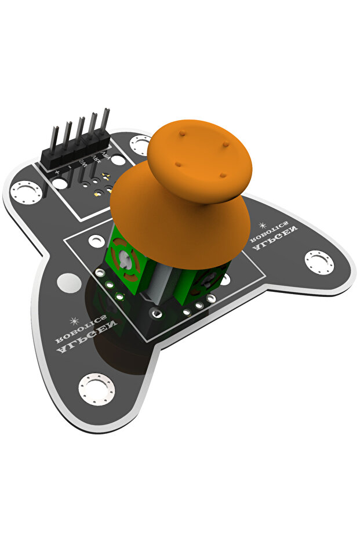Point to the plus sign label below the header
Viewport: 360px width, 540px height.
coord(57,173)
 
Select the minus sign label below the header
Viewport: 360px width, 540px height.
coord(69,168)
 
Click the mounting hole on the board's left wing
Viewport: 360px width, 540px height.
coord(25,191)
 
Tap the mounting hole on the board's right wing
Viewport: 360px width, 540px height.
coord(319,262)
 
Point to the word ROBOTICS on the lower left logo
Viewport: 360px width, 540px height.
coord(81,328)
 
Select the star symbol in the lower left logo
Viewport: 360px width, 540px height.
coord(74,320)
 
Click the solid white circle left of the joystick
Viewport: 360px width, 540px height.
coord(70,283)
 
